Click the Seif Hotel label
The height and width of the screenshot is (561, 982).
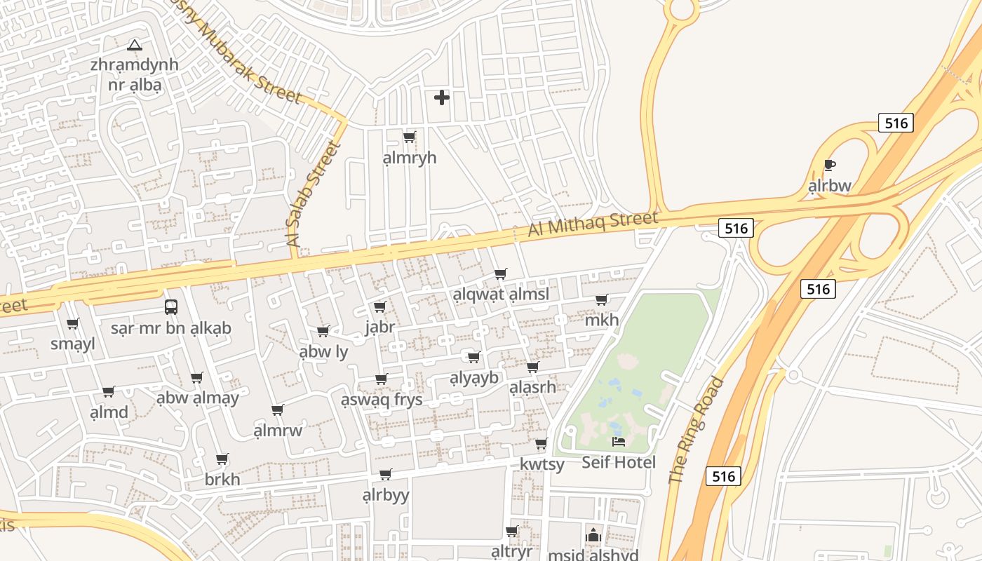(619, 462)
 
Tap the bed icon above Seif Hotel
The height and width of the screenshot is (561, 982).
(619, 442)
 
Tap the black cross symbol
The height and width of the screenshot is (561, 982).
(442, 97)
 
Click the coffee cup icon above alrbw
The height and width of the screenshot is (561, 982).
(830, 165)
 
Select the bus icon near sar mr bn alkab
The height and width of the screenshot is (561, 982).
(171, 306)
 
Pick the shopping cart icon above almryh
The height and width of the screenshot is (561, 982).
(410, 137)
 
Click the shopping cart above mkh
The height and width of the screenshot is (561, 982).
(602, 299)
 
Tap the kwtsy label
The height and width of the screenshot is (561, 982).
(542, 464)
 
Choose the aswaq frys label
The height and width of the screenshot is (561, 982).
(382, 400)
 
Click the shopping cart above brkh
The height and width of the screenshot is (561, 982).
(222, 459)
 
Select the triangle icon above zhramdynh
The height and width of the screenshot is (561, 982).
(135, 46)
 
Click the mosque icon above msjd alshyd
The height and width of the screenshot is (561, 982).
(593, 536)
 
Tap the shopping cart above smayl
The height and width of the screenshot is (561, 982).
(73, 323)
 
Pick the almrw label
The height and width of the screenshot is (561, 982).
(278, 430)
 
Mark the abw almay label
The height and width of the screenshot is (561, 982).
(198, 398)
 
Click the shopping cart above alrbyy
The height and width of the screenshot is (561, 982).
(385, 475)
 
